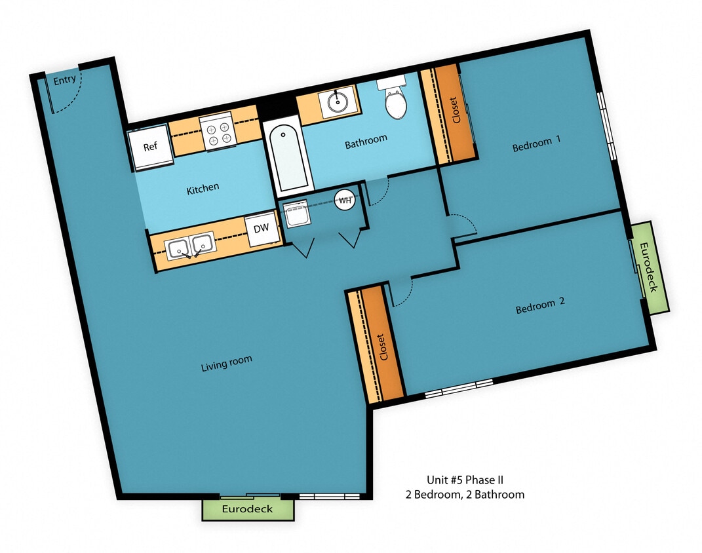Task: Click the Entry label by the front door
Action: [x=64, y=80]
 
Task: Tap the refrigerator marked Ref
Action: [x=150, y=146]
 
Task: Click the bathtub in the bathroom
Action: [x=286, y=158]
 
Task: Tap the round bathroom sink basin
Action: [x=338, y=102]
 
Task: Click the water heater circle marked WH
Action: [x=345, y=200]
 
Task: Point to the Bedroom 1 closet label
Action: [x=456, y=111]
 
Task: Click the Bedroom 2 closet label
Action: [x=381, y=347]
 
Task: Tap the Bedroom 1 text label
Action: [x=537, y=145]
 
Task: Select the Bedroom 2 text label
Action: [x=539, y=306]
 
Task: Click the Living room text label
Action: [x=226, y=364]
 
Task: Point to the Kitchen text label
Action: [x=203, y=189]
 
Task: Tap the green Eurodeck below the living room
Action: [x=247, y=509]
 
